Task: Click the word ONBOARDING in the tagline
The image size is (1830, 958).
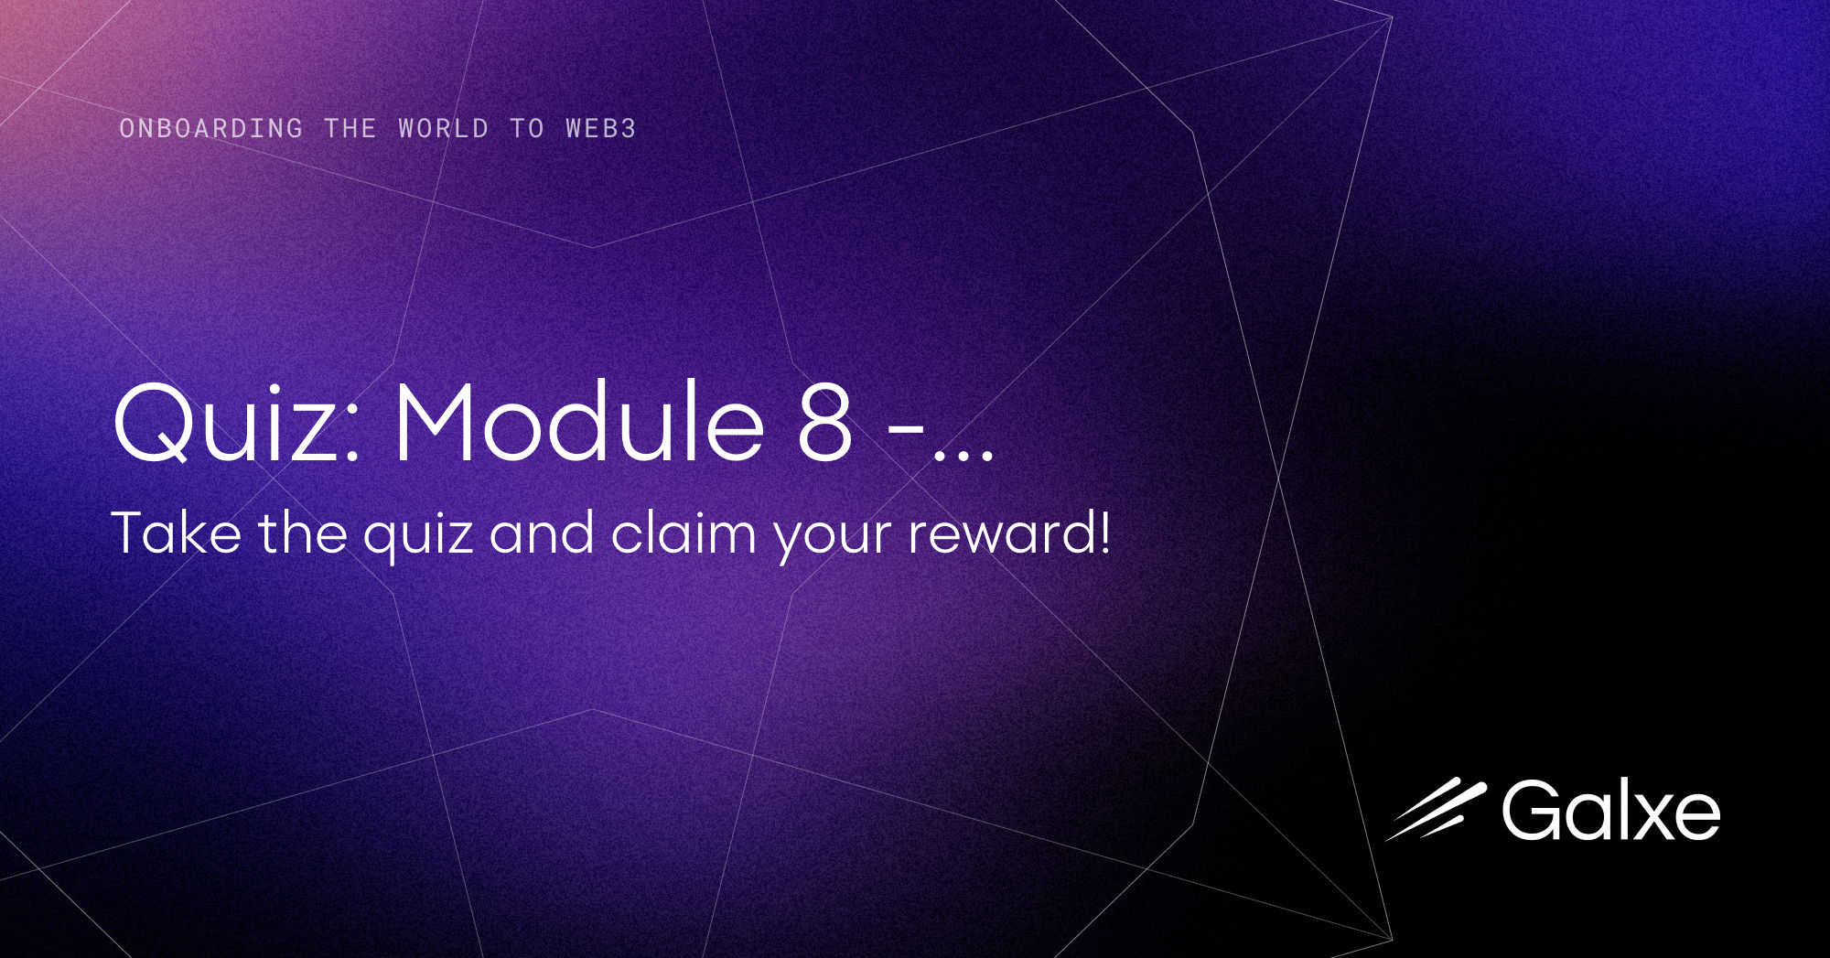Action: [x=210, y=128]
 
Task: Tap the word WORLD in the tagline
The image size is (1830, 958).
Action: [x=443, y=128]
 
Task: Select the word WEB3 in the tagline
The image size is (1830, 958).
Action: [x=600, y=128]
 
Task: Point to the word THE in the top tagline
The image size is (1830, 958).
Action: [x=350, y=128]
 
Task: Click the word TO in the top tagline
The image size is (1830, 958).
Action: [x=527, y=128]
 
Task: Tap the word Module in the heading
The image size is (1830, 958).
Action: [x=579, y=423]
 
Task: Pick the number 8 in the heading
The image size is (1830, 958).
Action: [x=825, y=423]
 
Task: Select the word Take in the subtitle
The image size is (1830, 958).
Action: [x=176, y=533]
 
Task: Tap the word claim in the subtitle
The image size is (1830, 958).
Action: [x=683, y=533]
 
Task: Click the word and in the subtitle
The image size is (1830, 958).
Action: [x=542, y=533]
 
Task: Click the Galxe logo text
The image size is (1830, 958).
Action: [x=1610, y=811]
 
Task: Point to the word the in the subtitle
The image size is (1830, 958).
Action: [x=302, y=533]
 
